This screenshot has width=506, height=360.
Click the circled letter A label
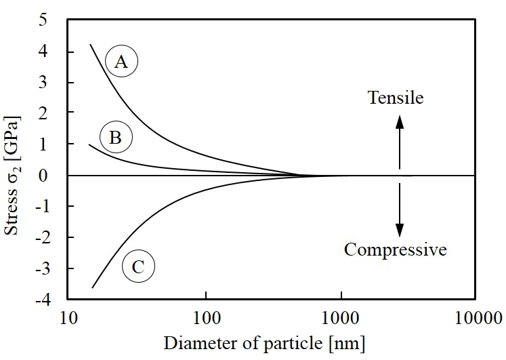(x=122, y=62)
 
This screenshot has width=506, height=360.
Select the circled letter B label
(x=116, y=138)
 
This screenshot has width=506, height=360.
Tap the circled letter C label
(x=138, y=266)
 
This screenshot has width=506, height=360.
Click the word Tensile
(x=396, y=98)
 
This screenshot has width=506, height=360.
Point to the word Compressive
(x=396, y=249)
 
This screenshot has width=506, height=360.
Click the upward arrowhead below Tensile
(x=400, y=122)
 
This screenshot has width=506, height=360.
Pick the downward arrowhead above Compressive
(x=400, y=229)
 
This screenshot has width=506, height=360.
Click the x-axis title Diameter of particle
(x=264, y=343)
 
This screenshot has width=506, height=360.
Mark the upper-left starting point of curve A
(x=91, y=45)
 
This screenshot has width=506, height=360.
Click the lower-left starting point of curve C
(x=92, y=287)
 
